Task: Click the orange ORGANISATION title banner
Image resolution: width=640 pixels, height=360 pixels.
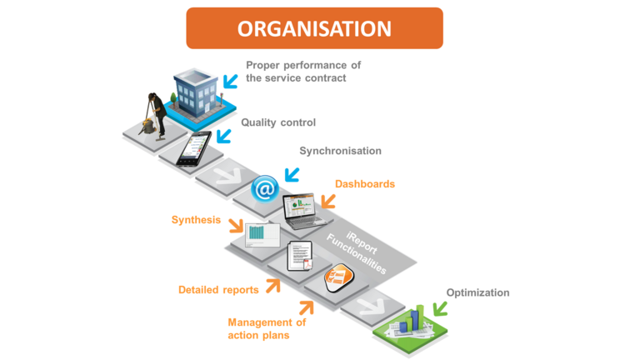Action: click(x=314, y=28)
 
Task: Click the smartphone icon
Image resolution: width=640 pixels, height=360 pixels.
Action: click(x=193, y=149)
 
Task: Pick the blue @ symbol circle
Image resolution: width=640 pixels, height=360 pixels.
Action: click(x=264, y=188)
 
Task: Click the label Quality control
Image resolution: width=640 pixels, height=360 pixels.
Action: click(x=278, y=122)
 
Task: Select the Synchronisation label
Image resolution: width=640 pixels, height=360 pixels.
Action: click(x=340, y=151)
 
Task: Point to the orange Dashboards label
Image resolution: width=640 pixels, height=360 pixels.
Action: click(x=364, y=183)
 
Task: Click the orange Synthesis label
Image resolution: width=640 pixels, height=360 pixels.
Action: click(x=196, y=220)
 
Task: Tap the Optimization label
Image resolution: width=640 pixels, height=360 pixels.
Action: click(x=477, y=292)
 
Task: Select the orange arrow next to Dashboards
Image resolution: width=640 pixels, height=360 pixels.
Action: click(x=328, y=200)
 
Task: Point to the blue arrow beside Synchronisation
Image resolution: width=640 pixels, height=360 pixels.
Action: click(x=291, y=174)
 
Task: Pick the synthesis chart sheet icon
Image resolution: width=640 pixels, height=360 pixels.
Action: click(x=260, y=236)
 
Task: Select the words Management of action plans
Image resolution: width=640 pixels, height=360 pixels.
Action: click(x=267, y=328)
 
